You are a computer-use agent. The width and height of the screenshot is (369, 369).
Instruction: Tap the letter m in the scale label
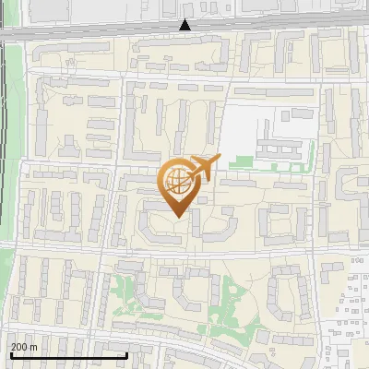tap(33, 347)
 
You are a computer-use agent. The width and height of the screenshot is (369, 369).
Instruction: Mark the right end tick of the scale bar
tap(126, 355)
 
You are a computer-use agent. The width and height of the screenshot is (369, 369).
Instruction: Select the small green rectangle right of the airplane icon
tap(241, 162)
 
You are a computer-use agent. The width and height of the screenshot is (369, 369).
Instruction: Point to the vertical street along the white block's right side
tap(317, 138)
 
